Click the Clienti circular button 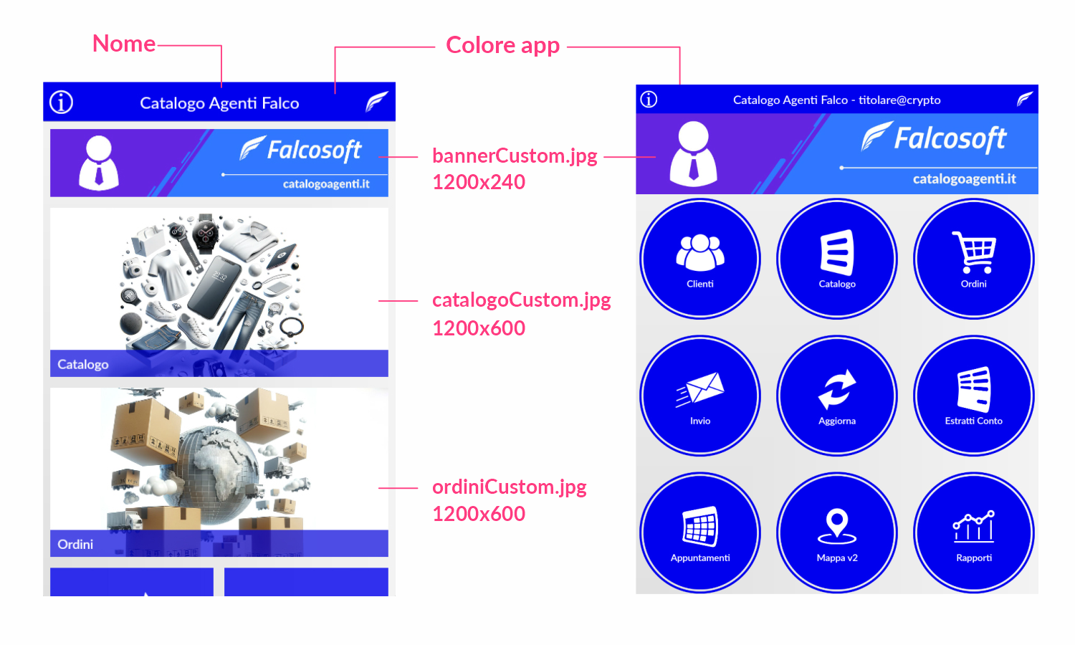pos(700,259)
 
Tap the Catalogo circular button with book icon pos(837,259)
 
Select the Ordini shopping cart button pos(974,259)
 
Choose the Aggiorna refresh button pos(837,396)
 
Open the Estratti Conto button pos(974,396)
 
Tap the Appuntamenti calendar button pos(700,532)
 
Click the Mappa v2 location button pos(837,532)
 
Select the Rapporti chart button pos(974,532)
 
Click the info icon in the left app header pos(62,102)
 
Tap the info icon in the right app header pos(649,100)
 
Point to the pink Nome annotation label pos(124,44)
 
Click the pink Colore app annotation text pos(502,45)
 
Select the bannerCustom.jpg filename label pos(515,156)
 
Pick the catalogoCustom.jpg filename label pos(521,300)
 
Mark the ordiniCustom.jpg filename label pos(509,487)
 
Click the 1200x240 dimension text pos(479,182)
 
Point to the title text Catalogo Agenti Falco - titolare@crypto pos(836,100)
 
